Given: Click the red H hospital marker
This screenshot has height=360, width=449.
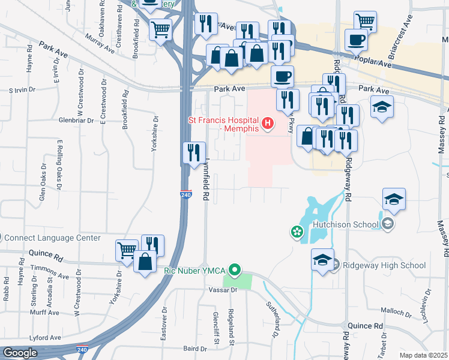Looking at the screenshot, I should coord(268,124).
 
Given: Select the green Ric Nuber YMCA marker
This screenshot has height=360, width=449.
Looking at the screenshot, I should coord(237,270).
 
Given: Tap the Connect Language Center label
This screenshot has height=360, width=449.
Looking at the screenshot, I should coord(53,238).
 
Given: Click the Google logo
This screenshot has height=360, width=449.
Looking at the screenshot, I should coord(20,352).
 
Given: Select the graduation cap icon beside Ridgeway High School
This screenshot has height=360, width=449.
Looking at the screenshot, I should coord(322,259).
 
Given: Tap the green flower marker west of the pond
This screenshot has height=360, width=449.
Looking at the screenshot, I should coord(296,231).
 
